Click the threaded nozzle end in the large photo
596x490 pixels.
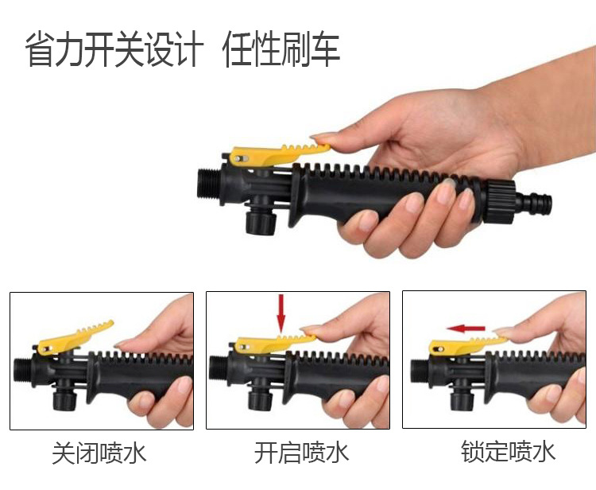[x=209, y=184]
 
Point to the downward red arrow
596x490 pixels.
[x=281, y=313]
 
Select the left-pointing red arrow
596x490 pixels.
[x=466, y=329]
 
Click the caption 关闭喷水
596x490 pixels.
[x=99, y=453]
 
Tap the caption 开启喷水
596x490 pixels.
[x=301, y=452]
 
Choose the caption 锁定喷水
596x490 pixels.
[x=508, y=451]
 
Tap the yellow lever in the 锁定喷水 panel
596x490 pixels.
[x=466, y=344]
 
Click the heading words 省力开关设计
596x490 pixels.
[x=114, y=49]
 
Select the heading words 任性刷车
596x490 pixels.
[x=281, y=49]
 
